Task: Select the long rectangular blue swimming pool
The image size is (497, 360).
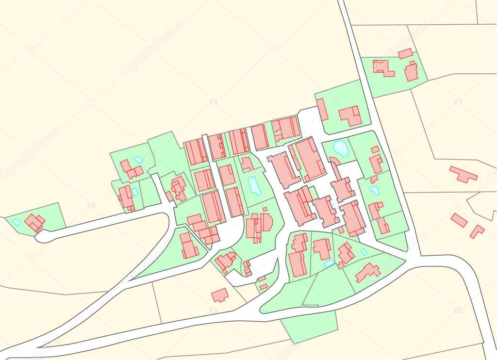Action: coord(253,185)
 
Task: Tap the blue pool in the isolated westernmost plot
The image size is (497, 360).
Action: coord(17,222)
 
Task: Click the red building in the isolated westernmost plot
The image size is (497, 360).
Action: coord(34,223)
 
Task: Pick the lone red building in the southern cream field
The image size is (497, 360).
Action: coord(220,295)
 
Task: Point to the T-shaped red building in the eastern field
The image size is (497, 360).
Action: coord(463,174)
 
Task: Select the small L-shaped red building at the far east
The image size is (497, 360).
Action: coord(477,231)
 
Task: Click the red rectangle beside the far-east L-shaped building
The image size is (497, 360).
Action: coord(459,220)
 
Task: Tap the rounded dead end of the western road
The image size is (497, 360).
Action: coord(41,237)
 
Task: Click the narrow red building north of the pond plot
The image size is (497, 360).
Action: coord(322,110)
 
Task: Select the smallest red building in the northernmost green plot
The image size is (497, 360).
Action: coord(405,53)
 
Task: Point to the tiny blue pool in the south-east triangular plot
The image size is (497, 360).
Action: coord(364,252)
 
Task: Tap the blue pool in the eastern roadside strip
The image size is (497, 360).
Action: coord(374,190)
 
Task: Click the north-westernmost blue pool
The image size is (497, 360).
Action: coord(138,159)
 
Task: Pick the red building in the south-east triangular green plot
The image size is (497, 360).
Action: coord(368,272)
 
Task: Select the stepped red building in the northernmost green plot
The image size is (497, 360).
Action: coord(383,68)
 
